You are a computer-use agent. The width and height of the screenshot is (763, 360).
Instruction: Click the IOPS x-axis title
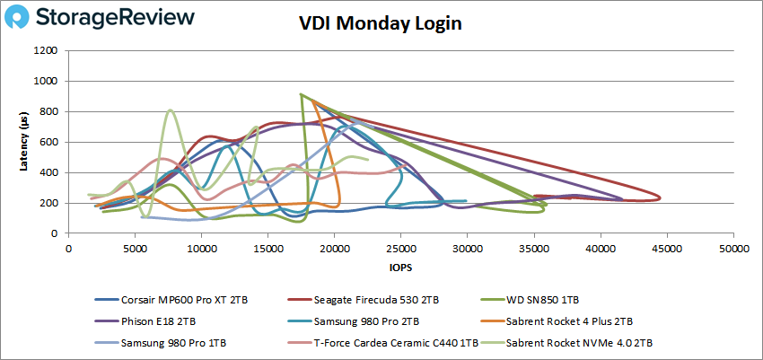click(x=400, y=267)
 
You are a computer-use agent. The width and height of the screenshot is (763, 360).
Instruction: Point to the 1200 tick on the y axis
click(x=48, y=50)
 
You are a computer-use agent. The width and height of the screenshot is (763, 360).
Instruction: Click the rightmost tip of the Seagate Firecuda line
click(x=661, y=198)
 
